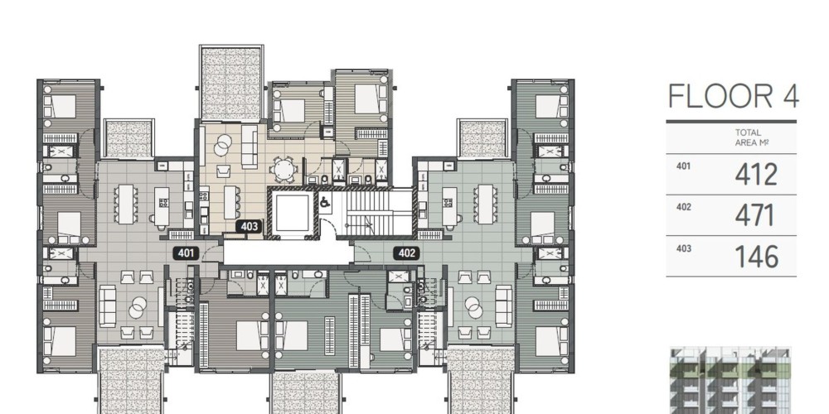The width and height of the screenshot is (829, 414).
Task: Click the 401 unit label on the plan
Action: [186, 253]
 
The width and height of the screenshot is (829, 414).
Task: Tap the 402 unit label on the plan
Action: [406, 253]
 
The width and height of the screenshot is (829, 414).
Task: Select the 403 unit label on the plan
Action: [249, 227]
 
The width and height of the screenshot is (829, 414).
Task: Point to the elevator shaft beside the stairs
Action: [292, 213]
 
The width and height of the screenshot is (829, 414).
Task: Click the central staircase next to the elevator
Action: [375, 212]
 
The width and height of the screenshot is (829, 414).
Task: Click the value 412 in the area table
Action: [756, 175]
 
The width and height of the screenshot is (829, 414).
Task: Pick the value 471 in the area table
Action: [755, 216]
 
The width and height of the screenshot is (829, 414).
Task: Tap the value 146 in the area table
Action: [757, 258]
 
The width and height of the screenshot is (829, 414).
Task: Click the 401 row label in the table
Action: [684, 166]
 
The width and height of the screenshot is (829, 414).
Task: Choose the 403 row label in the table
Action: [684, 248]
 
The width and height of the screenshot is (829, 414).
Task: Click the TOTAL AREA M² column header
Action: [748, 137]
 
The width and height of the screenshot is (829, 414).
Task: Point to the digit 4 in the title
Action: [790, 96]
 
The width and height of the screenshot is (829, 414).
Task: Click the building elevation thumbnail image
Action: [730, 380]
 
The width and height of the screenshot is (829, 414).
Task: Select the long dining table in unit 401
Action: [126, 204]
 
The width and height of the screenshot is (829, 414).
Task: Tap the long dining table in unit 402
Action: [485, 204]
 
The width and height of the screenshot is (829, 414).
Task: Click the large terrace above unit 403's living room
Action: [231, 84]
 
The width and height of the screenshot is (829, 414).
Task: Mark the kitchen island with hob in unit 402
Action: [449, 205]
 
